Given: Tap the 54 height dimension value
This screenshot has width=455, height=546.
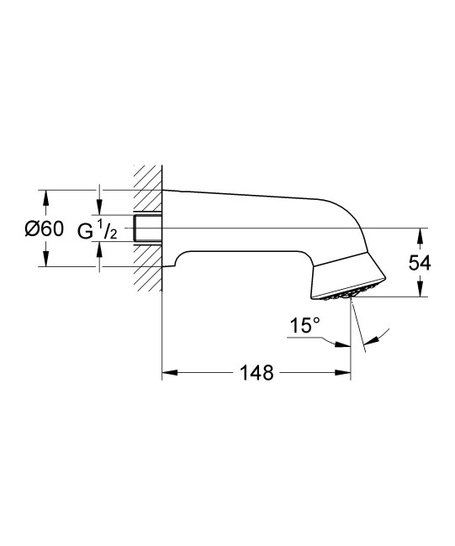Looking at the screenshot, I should (x=419, y=263).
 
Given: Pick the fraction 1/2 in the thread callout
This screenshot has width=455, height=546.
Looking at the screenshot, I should (x=108, y=228).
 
